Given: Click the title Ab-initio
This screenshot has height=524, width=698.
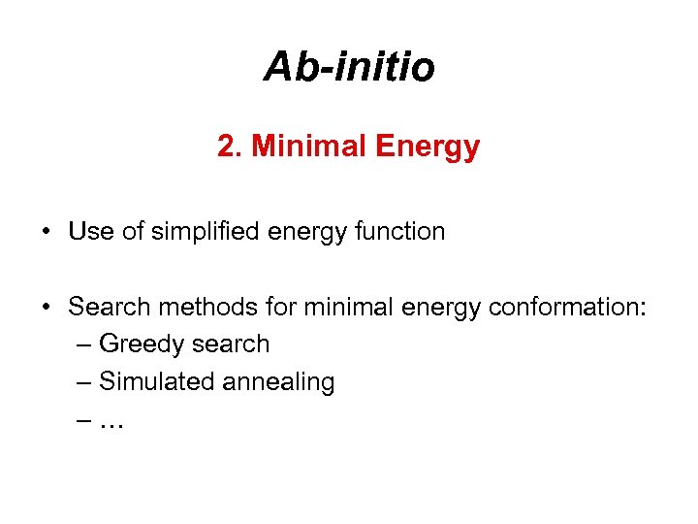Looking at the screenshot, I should [x=349, y=67].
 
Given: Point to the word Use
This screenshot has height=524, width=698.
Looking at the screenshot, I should [x=89, y=232].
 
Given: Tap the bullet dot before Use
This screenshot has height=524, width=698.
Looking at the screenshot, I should [x=47, y=233].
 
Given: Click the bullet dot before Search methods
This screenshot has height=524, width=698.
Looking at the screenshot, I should [x=47, y=309].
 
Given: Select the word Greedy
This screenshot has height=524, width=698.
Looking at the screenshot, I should [x=143, y=345].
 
